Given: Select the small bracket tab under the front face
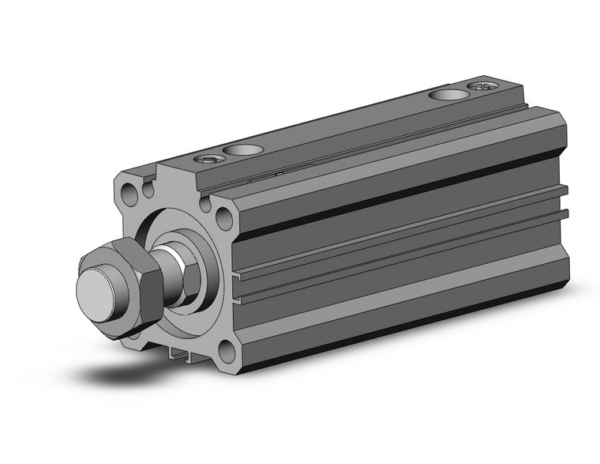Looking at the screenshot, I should (182, 356).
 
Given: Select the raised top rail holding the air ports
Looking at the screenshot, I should (355, 126).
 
